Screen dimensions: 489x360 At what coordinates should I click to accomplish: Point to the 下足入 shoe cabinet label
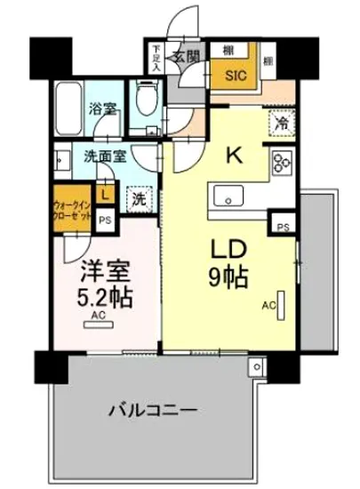(156, 58)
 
